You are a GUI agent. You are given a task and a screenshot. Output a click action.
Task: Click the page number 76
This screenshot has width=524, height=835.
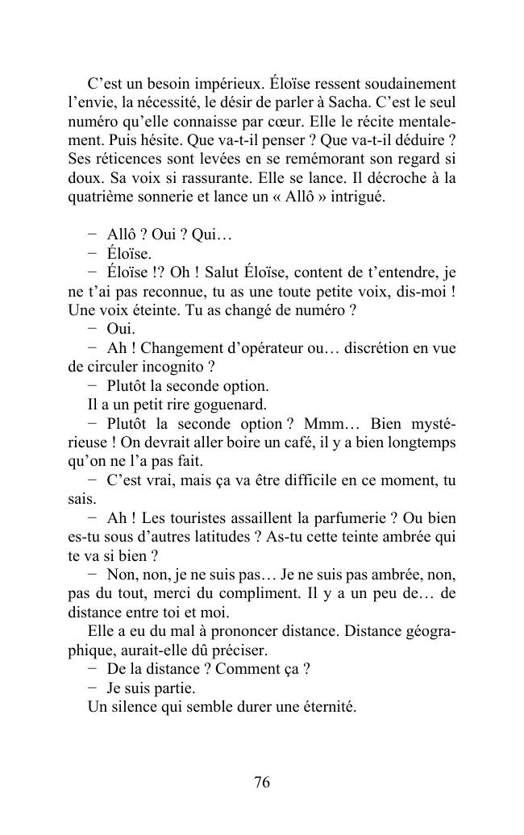(x=261, y=782)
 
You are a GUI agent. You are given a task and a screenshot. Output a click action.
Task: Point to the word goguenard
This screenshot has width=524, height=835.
(x=229, y=405)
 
